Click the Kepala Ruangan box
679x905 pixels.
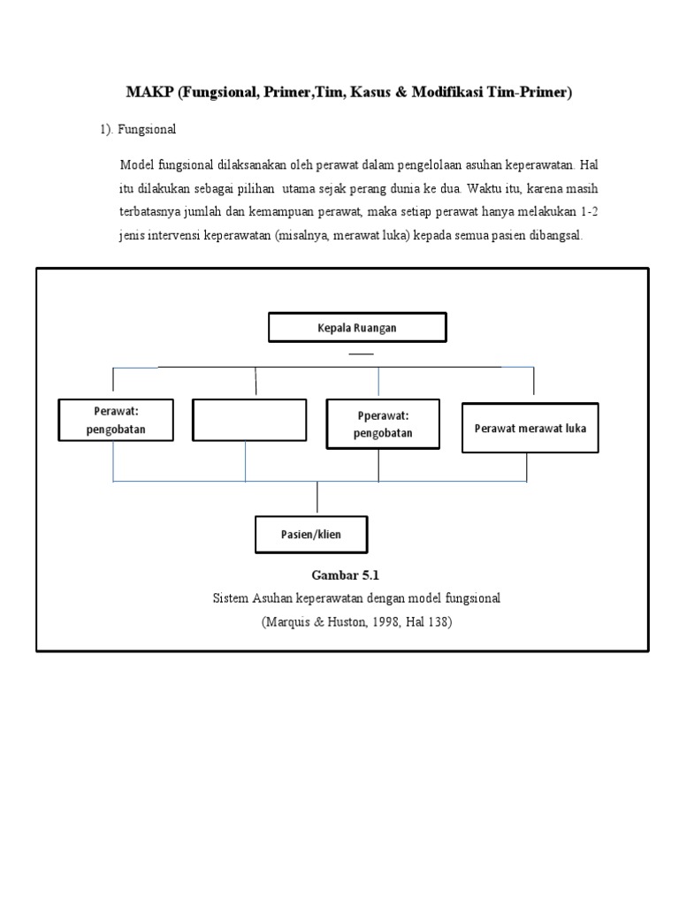[x=357, y=327]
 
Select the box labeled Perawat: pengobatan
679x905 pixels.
[x=115, y=421]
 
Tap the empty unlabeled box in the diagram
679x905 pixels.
[x=249, y=420]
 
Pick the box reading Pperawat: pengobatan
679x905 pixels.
[x=383, y=423]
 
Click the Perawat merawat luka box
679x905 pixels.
[x=530, y=428]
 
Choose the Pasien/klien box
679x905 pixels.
[x=311, y=535]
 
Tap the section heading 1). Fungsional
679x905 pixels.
[x=137, y=129]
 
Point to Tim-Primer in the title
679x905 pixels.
[x=533, y=93]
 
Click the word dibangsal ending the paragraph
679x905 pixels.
[x=555, y=236]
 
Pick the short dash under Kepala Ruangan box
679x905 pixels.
[x=361, y=354]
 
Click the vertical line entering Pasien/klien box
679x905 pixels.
[x=317, y=498]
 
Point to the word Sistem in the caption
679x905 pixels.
[x=232, y=598]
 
